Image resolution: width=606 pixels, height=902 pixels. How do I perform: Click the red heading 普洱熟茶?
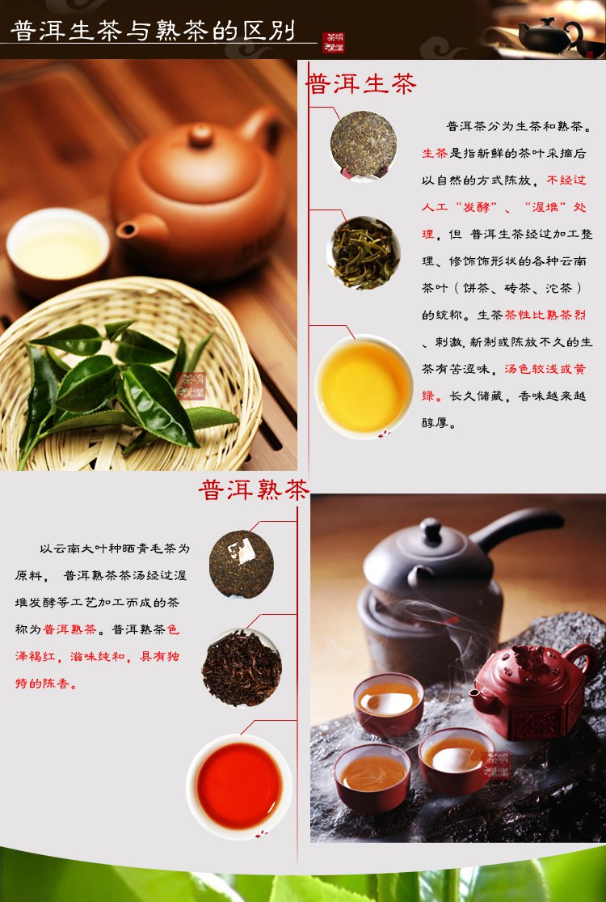tap(254, 489)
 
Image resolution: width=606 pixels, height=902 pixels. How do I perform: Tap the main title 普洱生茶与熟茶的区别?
tap(153, 31)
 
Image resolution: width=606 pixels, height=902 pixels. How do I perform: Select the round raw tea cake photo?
tap(364, 144)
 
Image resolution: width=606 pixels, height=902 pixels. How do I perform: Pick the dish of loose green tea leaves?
tap(364, 252)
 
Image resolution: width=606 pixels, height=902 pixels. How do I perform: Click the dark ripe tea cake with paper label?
tap(242, 565)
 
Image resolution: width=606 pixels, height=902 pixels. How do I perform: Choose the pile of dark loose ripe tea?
tap(242, 668)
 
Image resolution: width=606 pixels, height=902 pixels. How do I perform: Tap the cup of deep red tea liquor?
tap(239, 786)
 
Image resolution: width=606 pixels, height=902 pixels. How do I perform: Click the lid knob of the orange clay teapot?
tap(201, 136)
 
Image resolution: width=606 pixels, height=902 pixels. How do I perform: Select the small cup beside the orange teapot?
tap(57, 251)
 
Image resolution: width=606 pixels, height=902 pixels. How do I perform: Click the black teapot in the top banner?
tap(550, 36)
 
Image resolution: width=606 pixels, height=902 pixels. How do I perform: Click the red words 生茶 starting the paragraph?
tap(435, 153)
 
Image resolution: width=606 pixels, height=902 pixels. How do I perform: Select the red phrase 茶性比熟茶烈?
tap(545, 315)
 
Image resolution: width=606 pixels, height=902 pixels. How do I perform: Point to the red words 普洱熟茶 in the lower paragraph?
tap(69, 629)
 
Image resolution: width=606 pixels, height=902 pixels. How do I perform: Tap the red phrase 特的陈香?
tap(46, 684)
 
